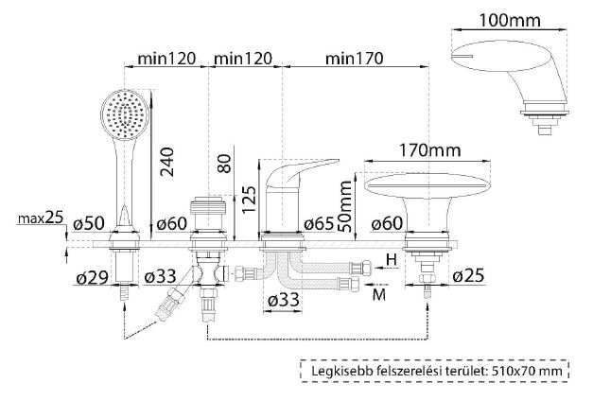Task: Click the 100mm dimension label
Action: coord(510,20)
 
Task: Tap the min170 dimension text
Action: coord(354,59)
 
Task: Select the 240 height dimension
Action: coord(166,162)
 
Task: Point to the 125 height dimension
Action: coord(249,199)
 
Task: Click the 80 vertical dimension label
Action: coord(225,164)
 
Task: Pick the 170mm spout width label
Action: coord(430,150)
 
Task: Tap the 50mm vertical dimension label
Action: coord(345,206)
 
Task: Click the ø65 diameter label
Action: coord(319,224)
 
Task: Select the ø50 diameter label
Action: coord(89,223)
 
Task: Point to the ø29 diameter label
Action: coord(92,278)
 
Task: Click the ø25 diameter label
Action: coord(468,276)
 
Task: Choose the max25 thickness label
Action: coord(41,218)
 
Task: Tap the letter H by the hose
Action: coord(392,260)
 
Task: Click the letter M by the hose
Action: coord(379,294)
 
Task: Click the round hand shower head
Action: coord(126,114)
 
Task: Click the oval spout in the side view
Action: coord(427,185)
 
